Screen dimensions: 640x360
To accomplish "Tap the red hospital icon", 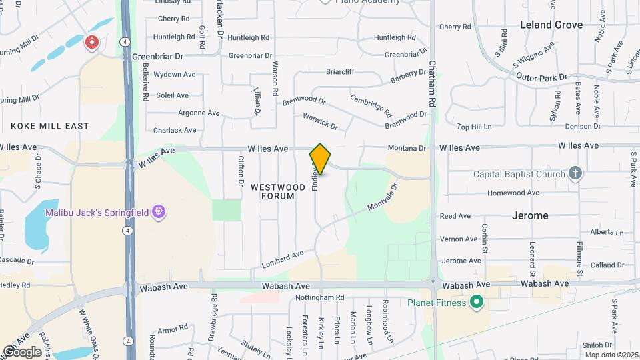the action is point(91,43).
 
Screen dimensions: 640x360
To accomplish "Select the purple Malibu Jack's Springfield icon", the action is point(158,213).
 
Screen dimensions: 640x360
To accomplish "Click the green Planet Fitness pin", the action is point(476,303).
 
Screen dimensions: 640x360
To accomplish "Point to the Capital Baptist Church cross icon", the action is point(575,174).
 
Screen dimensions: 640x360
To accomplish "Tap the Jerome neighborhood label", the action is point(530,215).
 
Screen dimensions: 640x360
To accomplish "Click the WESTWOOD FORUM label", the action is point(273,192).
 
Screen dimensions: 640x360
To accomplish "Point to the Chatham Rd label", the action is point(432,84).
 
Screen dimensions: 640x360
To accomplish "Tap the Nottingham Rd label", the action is point(321,297).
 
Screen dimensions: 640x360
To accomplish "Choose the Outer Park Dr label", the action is point(541,77).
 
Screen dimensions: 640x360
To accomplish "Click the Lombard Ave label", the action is point(283,257).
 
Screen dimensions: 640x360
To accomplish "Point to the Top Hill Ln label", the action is point(473,126).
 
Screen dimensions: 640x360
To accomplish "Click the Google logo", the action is point(22,351).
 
